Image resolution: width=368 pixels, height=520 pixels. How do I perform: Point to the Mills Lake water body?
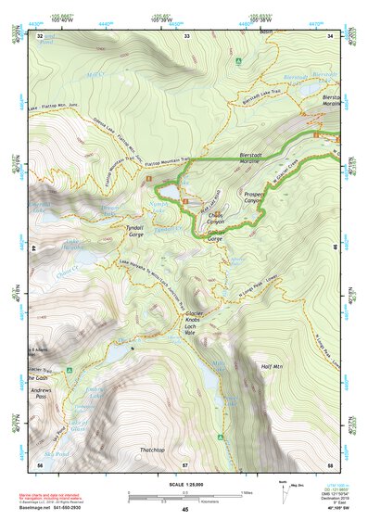(215, 368)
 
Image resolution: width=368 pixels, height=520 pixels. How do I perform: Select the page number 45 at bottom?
(184, 509)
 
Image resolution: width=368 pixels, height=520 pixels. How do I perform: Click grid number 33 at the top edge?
(186, 35)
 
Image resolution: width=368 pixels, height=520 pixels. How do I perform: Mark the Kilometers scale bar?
(184, 499)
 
